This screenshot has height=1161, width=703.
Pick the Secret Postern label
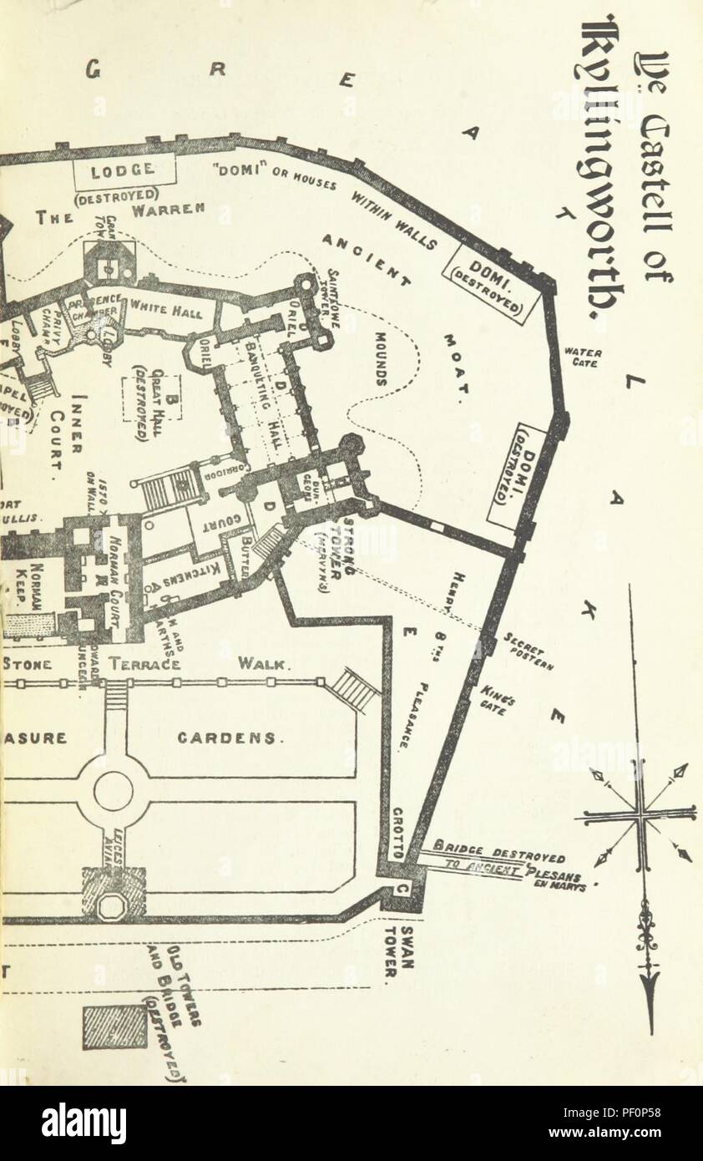tap(525, 656)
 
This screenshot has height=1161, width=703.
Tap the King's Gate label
tap(498, 698)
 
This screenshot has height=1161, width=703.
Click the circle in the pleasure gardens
tap(113, 790)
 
